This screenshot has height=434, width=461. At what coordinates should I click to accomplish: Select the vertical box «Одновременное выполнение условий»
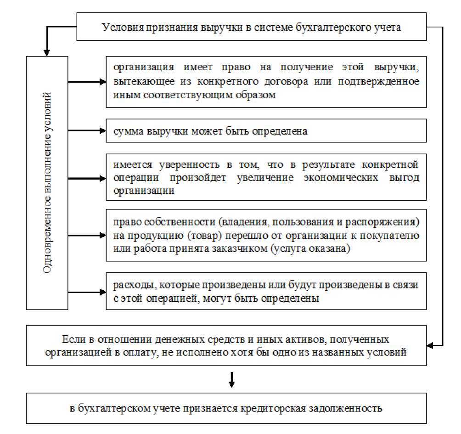click(47, 182)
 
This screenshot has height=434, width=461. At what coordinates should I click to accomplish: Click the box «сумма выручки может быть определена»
click(266, 131)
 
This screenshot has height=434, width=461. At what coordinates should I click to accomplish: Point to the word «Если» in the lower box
click(71, 340)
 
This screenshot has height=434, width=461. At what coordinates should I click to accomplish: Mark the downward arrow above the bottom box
click(232, 379)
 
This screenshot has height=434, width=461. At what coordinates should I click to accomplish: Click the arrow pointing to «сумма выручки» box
click(87, 131)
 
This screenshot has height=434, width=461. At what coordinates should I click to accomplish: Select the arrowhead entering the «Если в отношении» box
click(431, 344)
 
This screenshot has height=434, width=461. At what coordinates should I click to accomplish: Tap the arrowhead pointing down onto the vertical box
click(45, 51)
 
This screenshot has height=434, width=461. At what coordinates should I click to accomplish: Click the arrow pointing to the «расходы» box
click(87, 292)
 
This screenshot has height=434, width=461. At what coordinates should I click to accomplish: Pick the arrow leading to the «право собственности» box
click(87, 236)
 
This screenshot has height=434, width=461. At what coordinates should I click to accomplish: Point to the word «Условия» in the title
click(120, 27)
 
